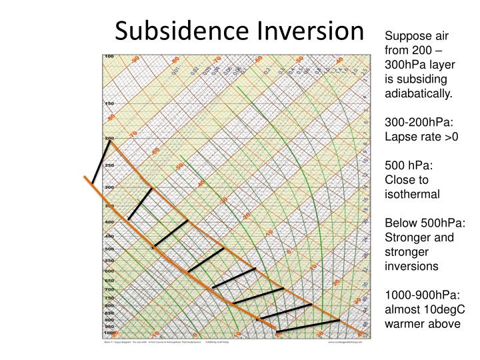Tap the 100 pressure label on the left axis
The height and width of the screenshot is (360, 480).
tap(109, 56)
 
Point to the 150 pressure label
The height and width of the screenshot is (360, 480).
tap(109, 103)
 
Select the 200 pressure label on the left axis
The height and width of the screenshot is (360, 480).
tap(109, 138)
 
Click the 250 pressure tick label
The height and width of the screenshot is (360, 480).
tap(109, 165)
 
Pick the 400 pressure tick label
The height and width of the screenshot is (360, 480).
tap(109, 221)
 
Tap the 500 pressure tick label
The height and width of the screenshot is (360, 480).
tap(109, 249)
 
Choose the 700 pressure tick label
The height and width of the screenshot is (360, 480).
tap(109, 289)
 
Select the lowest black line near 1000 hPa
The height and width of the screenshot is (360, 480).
tap(307, 326)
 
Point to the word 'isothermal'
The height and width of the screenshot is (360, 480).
tap(413, 195)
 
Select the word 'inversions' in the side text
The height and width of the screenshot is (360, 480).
tap(414, 265)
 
